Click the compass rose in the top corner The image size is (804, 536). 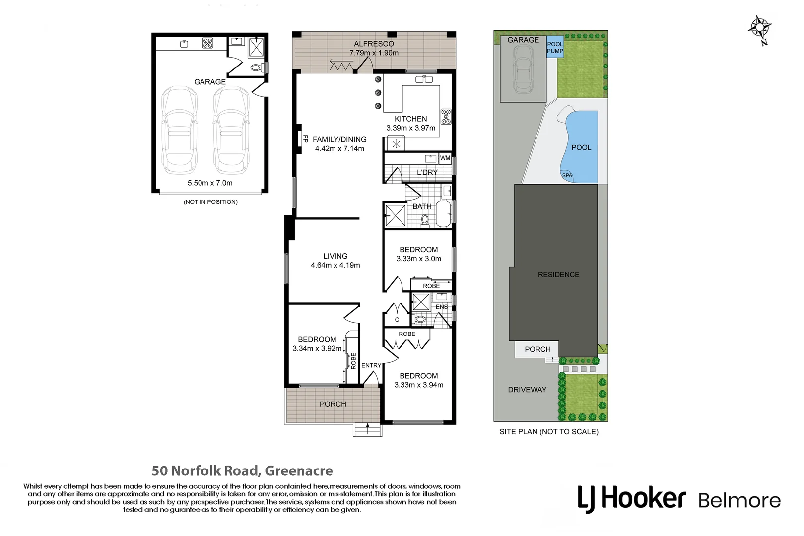(759, 28)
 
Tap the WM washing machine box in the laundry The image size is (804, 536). (445, 158)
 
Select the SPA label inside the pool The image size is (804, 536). (567, 175)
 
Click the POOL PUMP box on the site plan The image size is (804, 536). (555, 48)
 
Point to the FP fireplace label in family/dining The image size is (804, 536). (305, 139)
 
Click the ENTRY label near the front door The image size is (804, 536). (371, 365)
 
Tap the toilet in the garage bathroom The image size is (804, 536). (256, 67)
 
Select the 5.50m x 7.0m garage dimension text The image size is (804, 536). (210, 183)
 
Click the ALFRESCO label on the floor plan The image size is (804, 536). (374, 44)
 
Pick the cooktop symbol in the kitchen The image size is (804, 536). (445, 116)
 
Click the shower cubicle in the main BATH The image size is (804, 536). (396, 215)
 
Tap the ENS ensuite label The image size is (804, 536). (441, 307)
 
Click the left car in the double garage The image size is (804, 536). (180, 130)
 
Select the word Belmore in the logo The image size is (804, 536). (739, 500)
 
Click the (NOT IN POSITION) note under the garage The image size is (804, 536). (210, 202)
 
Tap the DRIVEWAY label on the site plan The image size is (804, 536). (527, 390)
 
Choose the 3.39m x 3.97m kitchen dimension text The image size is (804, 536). (410, 128)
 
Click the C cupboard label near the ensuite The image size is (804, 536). (397, 320)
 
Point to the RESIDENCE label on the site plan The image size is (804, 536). (558, 274)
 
